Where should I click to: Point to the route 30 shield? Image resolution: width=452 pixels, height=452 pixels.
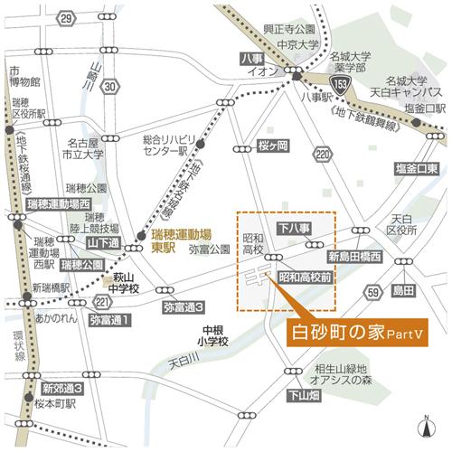(x=109, y=87)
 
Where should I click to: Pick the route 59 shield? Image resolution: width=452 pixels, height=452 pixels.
(x=372, y=291)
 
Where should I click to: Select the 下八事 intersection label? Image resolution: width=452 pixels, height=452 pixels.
(x=295, y=227)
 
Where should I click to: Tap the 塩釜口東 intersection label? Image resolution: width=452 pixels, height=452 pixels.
(x=416, y=169)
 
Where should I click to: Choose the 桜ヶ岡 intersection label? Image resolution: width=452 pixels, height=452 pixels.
(x=272, y=146)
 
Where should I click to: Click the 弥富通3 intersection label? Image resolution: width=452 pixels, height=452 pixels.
(x=184, y=307)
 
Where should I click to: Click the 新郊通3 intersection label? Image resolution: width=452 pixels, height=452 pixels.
(x=64, y=388)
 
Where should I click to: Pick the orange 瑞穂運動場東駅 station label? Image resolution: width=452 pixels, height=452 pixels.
(x=173, y=239)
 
